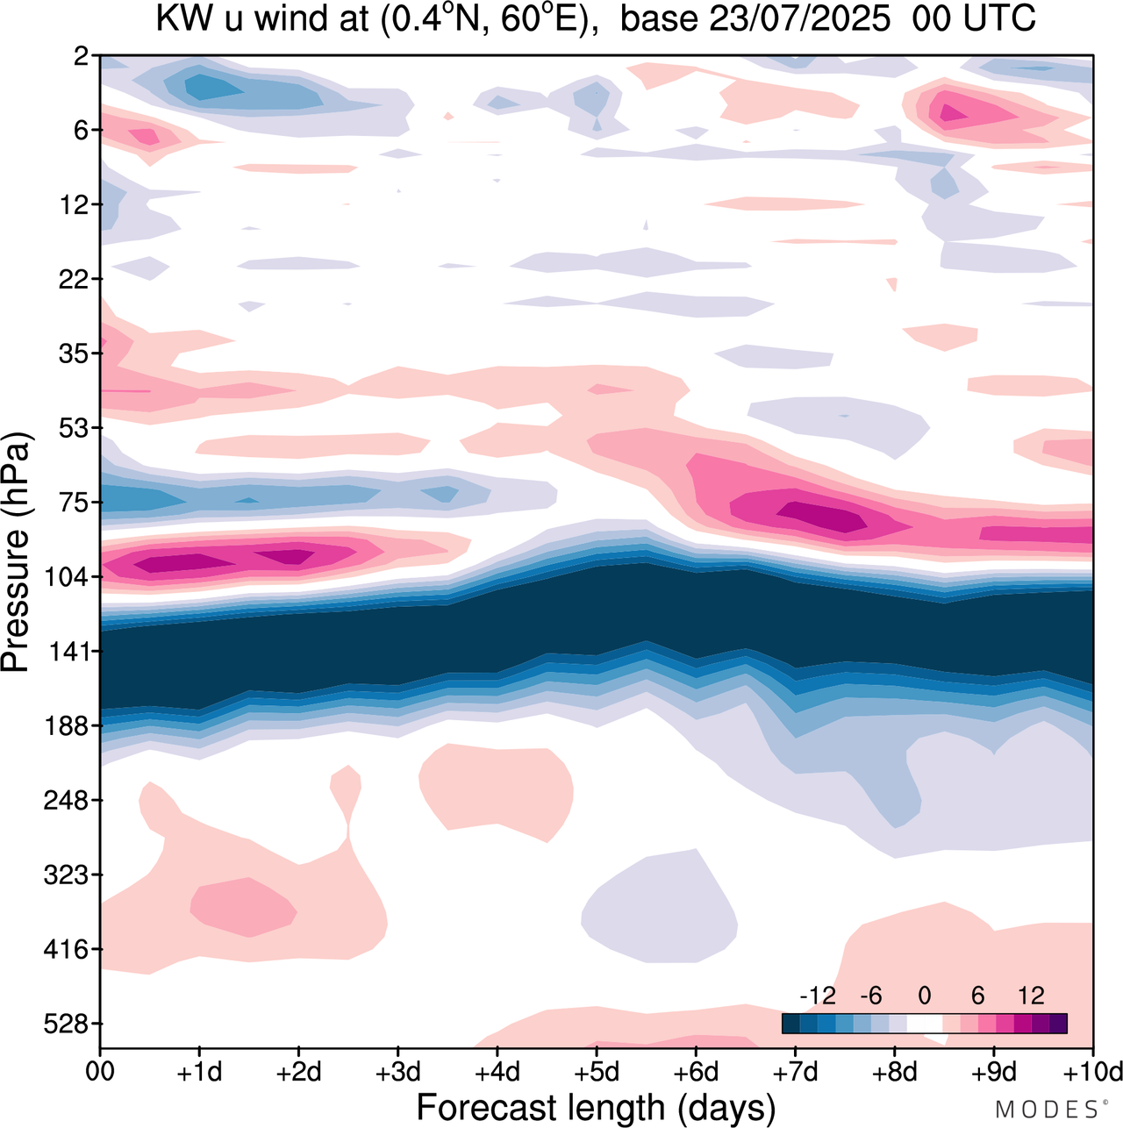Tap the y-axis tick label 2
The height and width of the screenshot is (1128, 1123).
[x=82, y=56]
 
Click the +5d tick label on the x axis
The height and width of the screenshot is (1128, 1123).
[x=597, y=1072]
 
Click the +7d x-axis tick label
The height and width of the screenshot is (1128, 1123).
[x=795, y=1072]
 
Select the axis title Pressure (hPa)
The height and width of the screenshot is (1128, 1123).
[x=18, y=553]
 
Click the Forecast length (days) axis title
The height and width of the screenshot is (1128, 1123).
[x=596, y=1107]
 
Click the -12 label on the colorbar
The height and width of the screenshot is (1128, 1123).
[x=817, y=996]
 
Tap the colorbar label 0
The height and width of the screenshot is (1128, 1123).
[x=924, y=996]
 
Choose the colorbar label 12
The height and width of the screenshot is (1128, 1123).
[x=1031, y=996]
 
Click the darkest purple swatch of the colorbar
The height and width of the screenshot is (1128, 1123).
[x=1058, y=1024]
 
